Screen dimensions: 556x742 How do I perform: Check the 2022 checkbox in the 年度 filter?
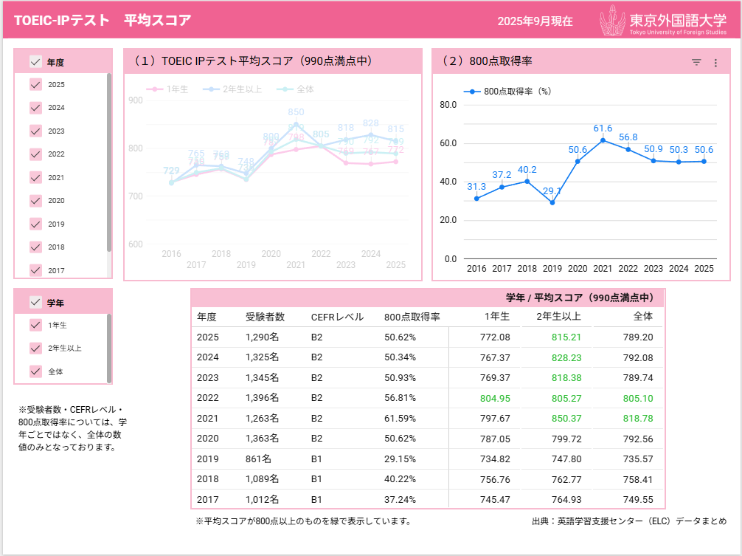click(x=35, y=154)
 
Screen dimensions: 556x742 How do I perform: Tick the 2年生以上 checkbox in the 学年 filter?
click(x=35, y=348)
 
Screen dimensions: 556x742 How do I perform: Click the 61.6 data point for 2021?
click(x=603, y=140)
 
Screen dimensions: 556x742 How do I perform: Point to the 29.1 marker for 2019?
click(x=552, y=202)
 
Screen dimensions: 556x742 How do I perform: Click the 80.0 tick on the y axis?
click(x=448, y=105)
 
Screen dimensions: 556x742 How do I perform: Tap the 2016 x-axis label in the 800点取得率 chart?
click(x=476, y=269)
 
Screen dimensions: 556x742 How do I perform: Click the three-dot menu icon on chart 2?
click(x=715, y=63)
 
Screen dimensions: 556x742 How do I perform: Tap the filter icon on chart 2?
click(x=696, y=63)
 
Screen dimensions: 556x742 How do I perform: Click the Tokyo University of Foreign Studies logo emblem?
click(x=613, y=20)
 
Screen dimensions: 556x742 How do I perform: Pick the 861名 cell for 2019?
click(x=258, y=459)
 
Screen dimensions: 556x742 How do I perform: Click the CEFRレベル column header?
click(x=337, y=318)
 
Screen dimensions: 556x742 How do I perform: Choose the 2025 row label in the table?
click(x=207, y=337)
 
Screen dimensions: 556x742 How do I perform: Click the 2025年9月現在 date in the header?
click(x=535, y=21)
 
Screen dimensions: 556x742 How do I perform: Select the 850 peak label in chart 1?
click(x=296, y=112)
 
